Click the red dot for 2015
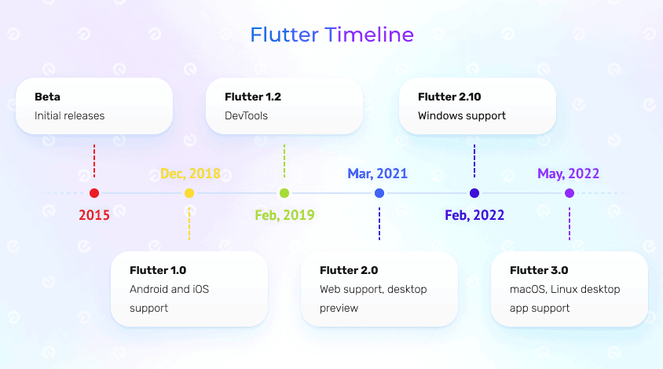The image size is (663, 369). [94, 193]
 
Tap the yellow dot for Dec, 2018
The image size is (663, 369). [189, 193]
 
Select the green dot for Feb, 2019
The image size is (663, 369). [284, 193]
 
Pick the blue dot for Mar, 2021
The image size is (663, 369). [379, 193]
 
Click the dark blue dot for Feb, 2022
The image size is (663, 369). [474, 193]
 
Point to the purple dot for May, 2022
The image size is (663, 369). [570, 193]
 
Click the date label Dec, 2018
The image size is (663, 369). [189, 174]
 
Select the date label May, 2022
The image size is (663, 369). [569, 174]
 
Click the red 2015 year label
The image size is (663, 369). [94, 214]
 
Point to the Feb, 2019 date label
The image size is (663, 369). [284, 214]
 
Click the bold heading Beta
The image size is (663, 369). [47, 97]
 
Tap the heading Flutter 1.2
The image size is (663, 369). [252, 97]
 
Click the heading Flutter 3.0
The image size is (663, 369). [539, 271]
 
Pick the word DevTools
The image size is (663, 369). [246, 116]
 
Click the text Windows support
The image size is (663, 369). [462, 116]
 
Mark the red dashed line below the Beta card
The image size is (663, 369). [94, 160]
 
